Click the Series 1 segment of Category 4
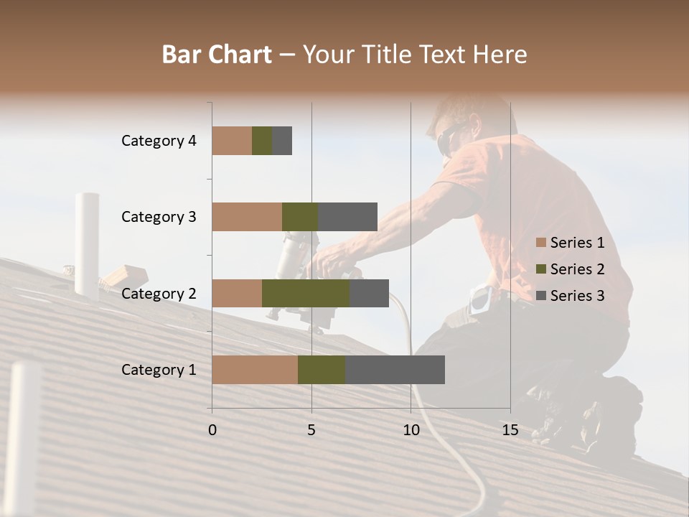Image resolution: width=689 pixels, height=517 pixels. pos(232,141)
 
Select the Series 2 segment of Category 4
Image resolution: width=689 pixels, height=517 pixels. pos(262,141)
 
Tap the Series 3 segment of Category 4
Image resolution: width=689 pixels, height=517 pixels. pos(282,141)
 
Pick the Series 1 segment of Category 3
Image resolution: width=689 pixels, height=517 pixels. pos(247,217)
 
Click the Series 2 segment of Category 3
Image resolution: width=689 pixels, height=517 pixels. pos(300,217)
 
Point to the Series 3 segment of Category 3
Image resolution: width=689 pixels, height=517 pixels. pos(347,217)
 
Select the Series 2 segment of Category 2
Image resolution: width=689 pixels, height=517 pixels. pos(306,293)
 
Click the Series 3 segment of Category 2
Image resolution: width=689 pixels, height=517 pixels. pos(369,293)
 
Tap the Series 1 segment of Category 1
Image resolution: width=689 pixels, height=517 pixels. pos(255,370)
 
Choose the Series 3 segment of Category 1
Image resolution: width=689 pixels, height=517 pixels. pos(395,370)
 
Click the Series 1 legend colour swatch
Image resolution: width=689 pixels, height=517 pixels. pos(540,243)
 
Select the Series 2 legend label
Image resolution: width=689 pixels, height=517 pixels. pos(577,269)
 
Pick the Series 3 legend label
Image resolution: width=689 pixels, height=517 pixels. pos(577,296)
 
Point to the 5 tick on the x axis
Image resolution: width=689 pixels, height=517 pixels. pos(311,430)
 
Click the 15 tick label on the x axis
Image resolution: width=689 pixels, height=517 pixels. pos(510,430)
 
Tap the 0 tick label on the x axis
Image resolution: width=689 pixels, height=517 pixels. pos(212,430)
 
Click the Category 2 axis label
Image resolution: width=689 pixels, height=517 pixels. pos(159,293)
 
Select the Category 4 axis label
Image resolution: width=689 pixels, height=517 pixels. pos(159,141)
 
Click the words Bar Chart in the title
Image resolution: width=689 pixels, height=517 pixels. pos(217,54)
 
